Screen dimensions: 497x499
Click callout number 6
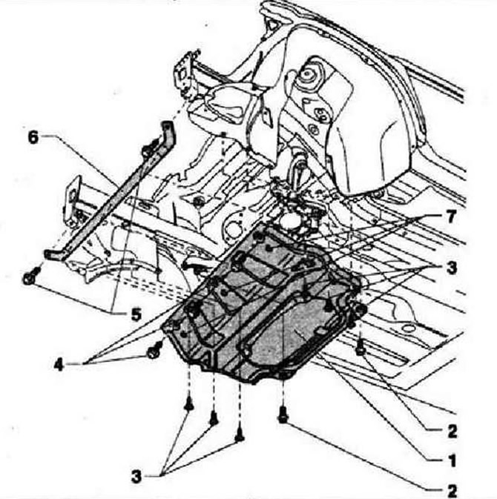click(x=33, y=137)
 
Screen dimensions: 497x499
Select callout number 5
click(x=136, y=314)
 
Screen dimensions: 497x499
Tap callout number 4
click(x=59, y=364)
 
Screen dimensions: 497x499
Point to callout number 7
click(x=450, y=217)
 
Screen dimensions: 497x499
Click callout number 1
click(x=451, y=460)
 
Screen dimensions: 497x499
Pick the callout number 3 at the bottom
click(x=136, y=477)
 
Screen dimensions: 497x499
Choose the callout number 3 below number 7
click(x=451, y=268)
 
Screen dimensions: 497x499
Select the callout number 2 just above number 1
click(x=452, y=432)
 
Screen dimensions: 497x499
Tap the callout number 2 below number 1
click(x=451, y=490)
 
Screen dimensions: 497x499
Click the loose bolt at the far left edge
click(x=29, y=278)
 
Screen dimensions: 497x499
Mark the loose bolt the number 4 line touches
click(x=154, y=351)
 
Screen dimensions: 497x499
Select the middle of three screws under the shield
click(x=214, y=417)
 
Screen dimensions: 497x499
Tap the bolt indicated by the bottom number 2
click(x=283, y=415)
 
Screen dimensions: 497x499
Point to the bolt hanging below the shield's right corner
click(x=360, y=348)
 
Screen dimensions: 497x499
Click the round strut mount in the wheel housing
click(x=307, y=74)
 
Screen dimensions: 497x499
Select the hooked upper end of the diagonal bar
click(x=168, y=132)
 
